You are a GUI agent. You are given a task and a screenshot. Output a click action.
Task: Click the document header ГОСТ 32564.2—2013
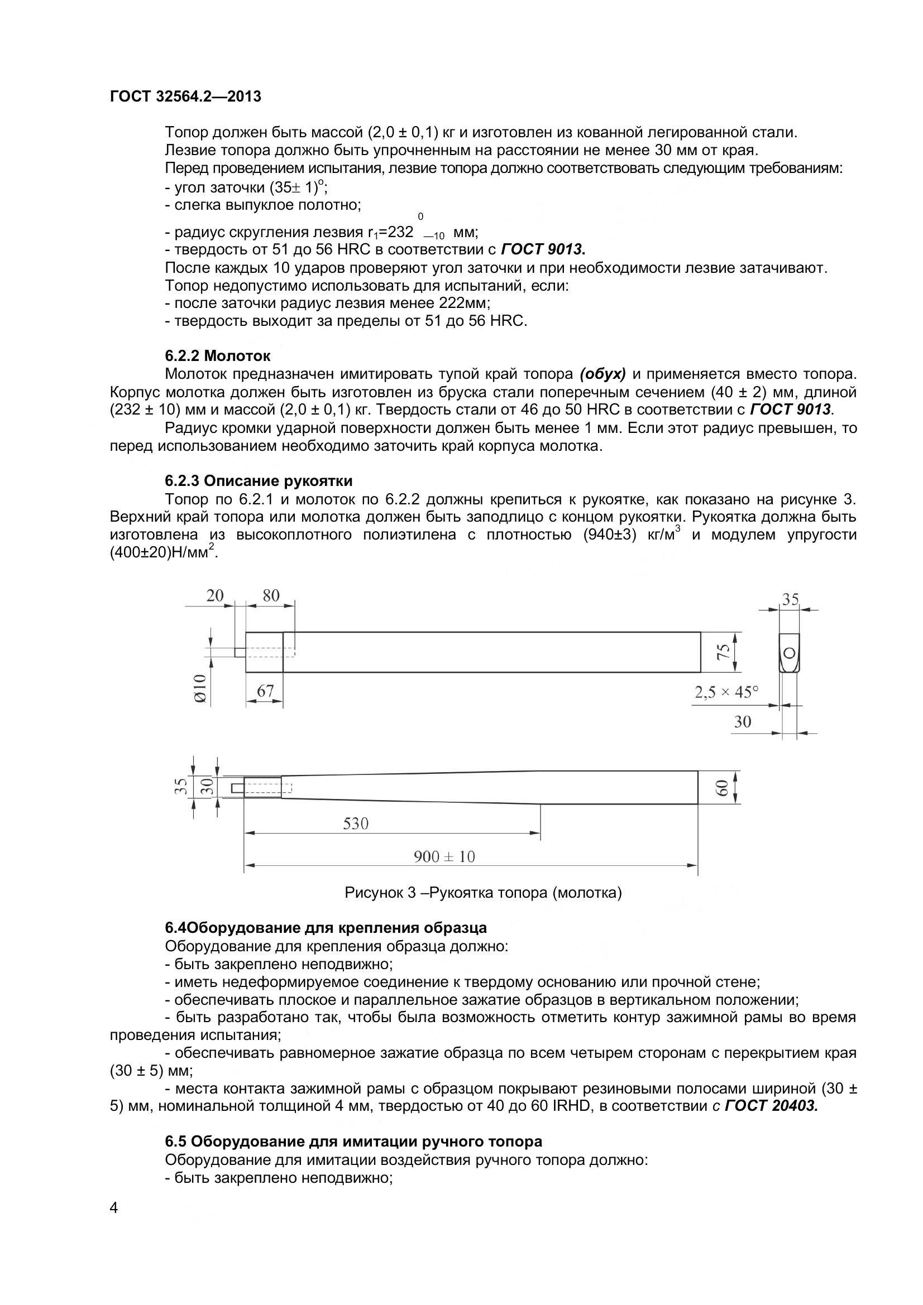[185, 97]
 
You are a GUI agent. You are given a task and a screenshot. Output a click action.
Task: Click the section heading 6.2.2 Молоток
[218, 356]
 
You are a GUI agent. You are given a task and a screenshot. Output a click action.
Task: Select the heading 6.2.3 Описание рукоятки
[259, 481]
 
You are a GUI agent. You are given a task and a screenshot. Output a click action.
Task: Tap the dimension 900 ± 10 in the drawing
[444, 856]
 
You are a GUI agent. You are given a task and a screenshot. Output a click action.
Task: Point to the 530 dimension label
[356, 823]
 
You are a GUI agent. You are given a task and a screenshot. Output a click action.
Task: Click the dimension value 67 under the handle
[265, 691]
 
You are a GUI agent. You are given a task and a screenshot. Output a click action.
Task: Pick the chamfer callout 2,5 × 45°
[726, 692]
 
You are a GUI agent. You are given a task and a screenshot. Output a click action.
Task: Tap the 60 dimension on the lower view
[721, 788]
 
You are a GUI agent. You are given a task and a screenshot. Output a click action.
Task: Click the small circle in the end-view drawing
[790, 653]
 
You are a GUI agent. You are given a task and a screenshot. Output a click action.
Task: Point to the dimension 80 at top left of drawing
[271, 595]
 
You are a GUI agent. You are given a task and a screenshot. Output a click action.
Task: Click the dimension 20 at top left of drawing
[215, 595]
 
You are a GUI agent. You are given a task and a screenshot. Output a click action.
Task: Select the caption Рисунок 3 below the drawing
[483, 892]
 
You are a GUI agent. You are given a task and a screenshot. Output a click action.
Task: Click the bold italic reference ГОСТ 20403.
[771, 1106]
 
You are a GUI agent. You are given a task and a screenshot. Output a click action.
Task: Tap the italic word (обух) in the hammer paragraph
[603, 374]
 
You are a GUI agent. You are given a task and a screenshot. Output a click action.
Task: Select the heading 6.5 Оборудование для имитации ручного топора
[353, 1142]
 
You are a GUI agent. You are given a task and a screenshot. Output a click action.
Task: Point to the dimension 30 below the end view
[743, 721]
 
